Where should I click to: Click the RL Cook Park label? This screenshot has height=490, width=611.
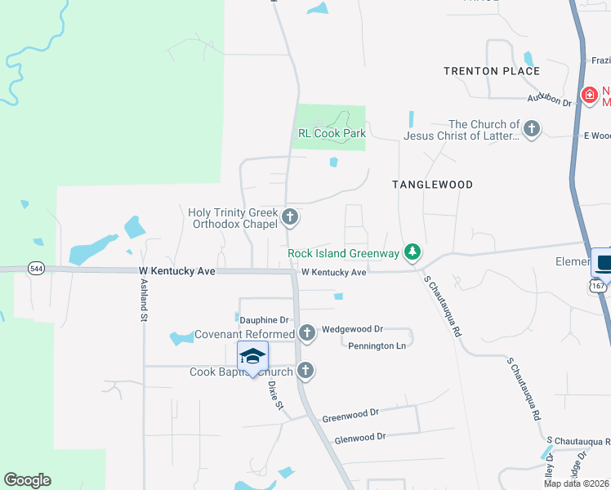pyautogui.click(x=331, y=134)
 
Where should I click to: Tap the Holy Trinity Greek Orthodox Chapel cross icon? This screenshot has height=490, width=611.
pyautogui.click(x=290, y=218)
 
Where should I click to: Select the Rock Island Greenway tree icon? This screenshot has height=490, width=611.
pyautogui.click(x=413, y=253)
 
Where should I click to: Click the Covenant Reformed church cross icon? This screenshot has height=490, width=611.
pyautogui.click(x=307, y=333)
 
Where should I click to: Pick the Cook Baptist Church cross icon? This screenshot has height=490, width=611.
pyautogui.click(x=306, y=371)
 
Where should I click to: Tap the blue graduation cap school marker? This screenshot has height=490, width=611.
pyautogui.click(x=253, y=358)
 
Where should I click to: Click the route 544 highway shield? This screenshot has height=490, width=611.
pyautogui.click(x=36, y=268)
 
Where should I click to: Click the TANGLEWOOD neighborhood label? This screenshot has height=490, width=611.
pyautogui.click(x=432, y=185)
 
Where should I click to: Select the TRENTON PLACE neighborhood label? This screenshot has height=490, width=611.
pyautogui.click(x=492, y=71)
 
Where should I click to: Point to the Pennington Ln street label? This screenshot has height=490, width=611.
pyautogui.click(x=377, y=346)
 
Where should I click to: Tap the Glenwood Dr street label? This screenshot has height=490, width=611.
pyautogui.click(x=359, y=437)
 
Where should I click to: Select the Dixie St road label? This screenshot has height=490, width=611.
pyautogui.click(x=275, y=395)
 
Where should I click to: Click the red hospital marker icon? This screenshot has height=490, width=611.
pyautogui.click(x=588, y=96)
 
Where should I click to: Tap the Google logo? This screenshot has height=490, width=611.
pyautogui.click(x=27, y=480)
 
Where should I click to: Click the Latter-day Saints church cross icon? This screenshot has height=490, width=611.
pyautogui.click(x=532, y=128)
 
